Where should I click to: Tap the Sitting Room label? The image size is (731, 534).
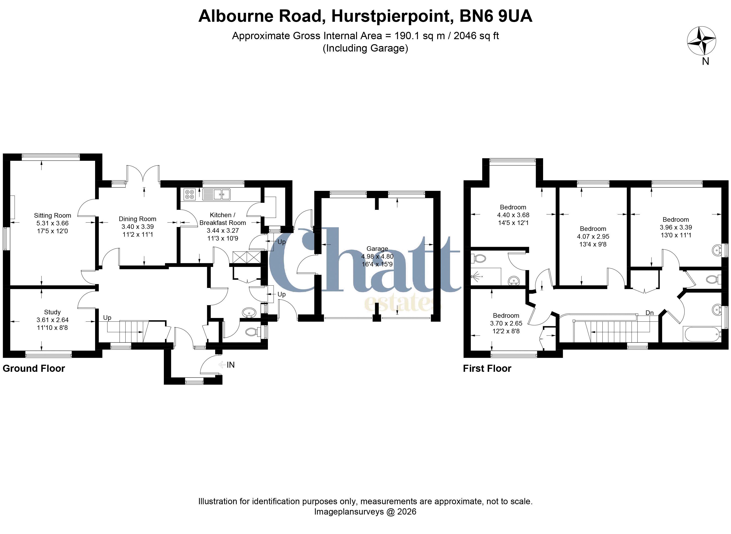coord(52,216)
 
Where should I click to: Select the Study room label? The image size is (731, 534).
coord(52,312)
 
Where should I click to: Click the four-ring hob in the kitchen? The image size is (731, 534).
coord(190,194)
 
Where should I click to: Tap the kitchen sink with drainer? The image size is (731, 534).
coord(216,194)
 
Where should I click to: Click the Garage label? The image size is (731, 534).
coord(377,249)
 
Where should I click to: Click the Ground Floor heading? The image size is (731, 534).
coord(34,369)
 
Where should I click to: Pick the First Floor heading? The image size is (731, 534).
coord(487,369)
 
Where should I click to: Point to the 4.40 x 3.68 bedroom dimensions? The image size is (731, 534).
coord(513,215)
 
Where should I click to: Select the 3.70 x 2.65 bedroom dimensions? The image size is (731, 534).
coord(506,323)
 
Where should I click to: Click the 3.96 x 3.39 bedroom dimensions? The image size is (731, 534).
coord(676,227)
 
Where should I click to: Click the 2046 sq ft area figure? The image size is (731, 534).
coord(476,36)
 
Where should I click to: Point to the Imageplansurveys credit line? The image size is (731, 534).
coord(365,512)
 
